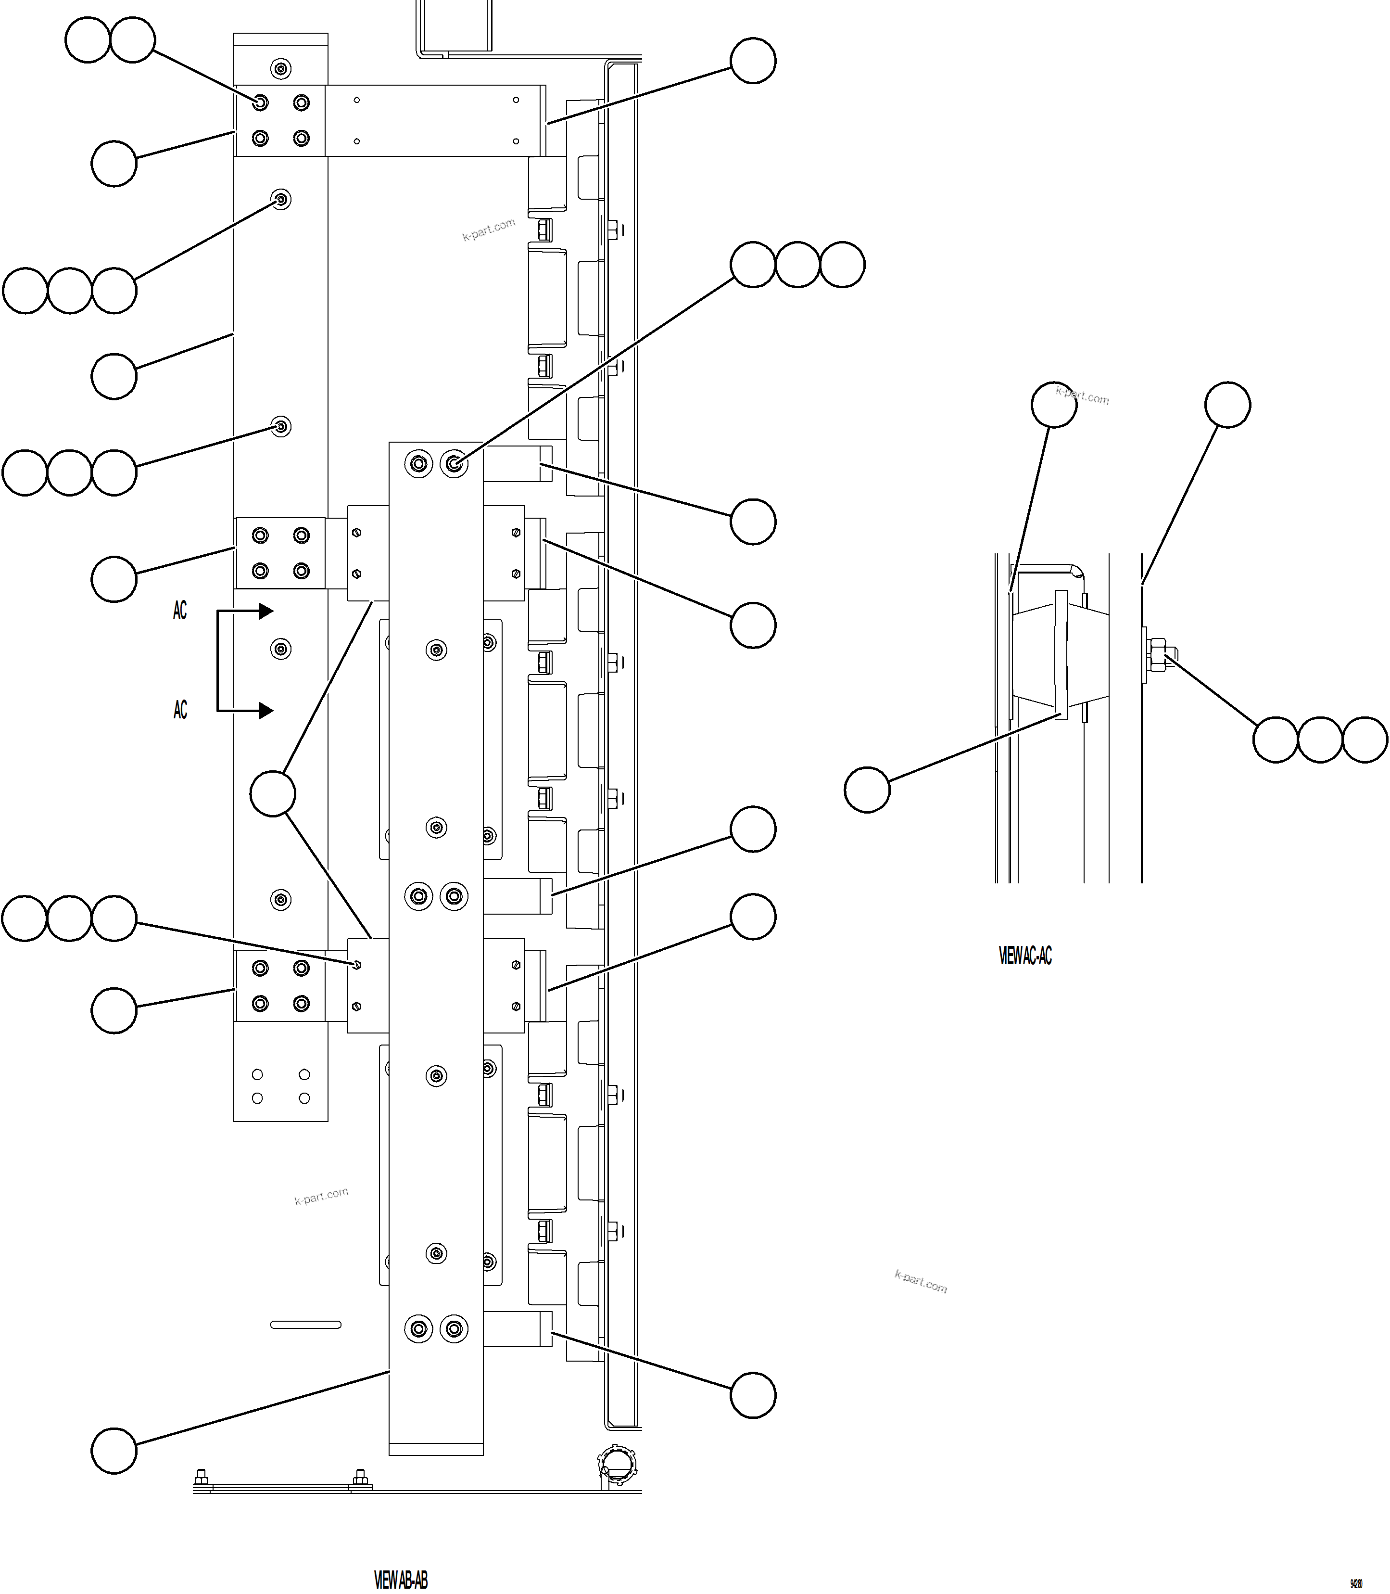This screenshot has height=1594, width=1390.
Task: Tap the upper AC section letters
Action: click(180, 611)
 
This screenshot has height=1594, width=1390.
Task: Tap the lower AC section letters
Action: click(180, 709)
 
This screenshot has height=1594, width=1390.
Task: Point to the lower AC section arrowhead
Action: click(265, 710)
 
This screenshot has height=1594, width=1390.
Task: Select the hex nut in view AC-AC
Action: click(1157, 654)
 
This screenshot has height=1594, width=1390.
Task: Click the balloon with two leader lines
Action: click(273, 793)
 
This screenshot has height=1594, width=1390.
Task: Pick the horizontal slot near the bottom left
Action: click(305, 1325)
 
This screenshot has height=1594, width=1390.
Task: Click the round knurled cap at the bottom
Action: click(617, 1465)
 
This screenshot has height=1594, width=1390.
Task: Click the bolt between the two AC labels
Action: click(281, 649)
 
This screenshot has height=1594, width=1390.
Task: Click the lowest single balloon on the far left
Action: click(114, 1451)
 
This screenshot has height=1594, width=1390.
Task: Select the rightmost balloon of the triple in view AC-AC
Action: click(1365, 740)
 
